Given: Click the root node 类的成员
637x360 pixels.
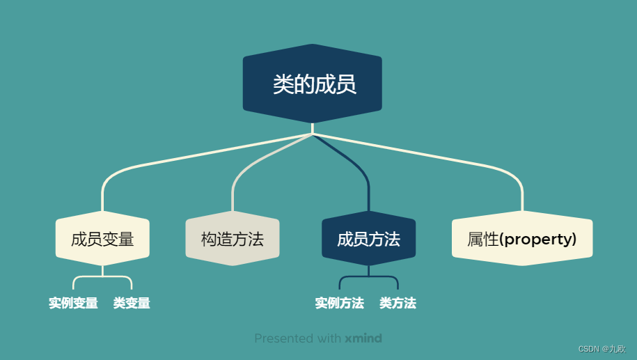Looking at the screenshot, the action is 312,85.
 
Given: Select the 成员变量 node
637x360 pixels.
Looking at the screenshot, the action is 102,240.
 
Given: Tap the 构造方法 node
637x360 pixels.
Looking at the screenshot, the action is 233,240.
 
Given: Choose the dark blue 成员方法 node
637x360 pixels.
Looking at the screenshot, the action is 368,240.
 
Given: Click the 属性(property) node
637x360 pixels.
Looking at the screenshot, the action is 522,240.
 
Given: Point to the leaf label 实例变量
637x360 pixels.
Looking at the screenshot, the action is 73,304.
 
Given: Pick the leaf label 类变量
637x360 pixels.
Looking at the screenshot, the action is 132,304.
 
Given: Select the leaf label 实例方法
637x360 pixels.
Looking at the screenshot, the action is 339,304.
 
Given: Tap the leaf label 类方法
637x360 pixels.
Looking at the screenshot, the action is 398,304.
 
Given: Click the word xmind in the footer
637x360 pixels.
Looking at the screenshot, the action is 363,338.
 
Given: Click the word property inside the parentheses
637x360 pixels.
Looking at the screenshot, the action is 537,240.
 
